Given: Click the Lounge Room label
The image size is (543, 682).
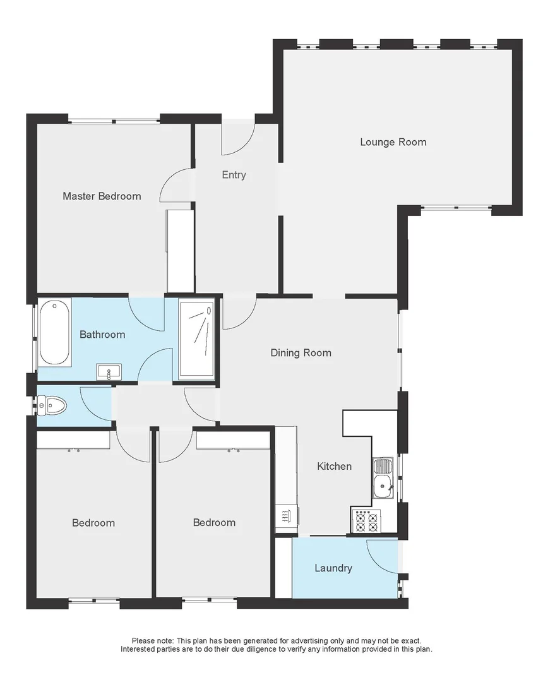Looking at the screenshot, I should pyautogui.click(x=393, y=142).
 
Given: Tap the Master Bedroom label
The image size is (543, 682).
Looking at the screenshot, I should pyautogui.click(x=102, y=196).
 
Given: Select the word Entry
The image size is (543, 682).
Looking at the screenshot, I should pyautogui.click(x=234, y=175).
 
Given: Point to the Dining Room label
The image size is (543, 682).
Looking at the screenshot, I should pyautogui.click(x=301, y=353).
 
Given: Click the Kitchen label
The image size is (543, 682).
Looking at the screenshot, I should pyautogui.click(x=334, y=467).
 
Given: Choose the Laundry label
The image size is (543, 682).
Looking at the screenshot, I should pyautogui.click(x=333, y=568).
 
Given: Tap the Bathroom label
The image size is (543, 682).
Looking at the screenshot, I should pyautogui.click(x=102, y=335).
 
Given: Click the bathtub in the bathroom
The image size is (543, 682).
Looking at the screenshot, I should pyautogui.click(x=54, y=332).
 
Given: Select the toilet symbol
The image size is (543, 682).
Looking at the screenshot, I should pyautogui.click(x=52, y=405).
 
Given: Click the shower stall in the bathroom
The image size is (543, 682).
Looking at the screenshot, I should pyautogui.click(x=196, y=340).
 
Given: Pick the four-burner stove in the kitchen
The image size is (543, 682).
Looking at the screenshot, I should pyautogui.click(x=365, y=522).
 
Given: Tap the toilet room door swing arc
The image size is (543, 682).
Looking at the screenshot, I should pyautogui.click(x=96, y=404).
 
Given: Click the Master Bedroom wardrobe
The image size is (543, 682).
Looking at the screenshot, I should pyautogui.click(x=180, y=251).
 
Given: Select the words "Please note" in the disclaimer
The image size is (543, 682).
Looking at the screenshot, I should pyautogui.click(x=148, y=640).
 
